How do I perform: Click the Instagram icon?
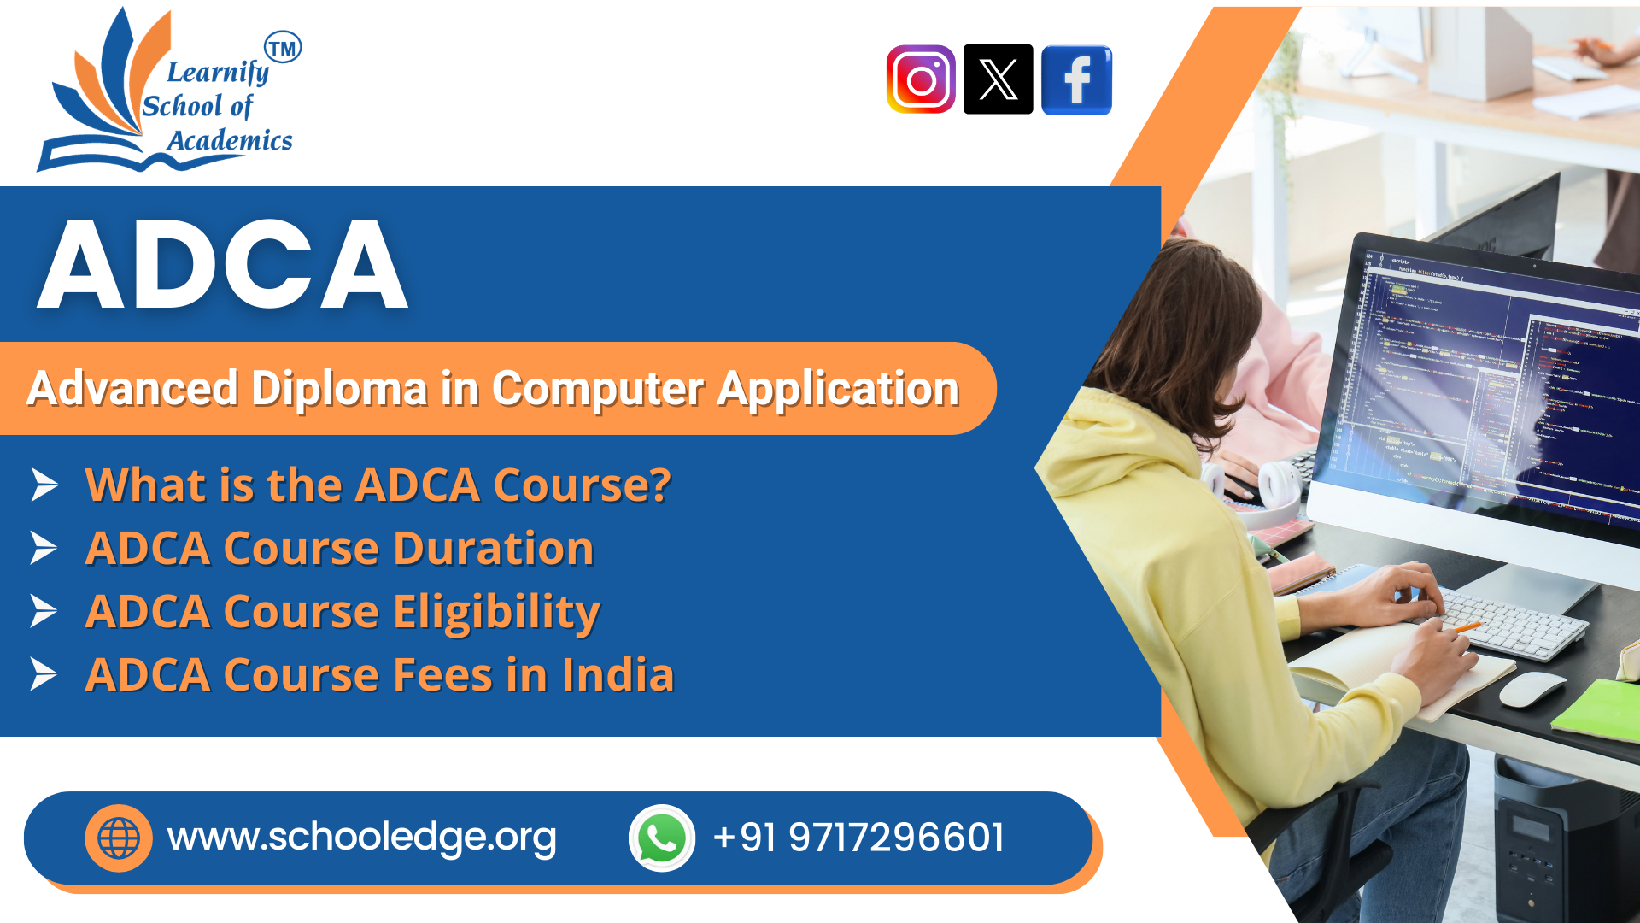920,79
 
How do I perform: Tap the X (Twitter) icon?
998,79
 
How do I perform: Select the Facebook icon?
1076,79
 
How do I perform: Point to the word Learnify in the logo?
218,73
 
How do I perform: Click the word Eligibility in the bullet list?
496,612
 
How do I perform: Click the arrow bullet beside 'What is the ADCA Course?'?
44,485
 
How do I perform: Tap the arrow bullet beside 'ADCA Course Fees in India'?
44,674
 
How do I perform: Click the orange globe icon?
119,838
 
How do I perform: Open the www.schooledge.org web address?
361,838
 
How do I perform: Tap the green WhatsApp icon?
662,838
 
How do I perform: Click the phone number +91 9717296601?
858,838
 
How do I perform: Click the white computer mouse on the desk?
1532,689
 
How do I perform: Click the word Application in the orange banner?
838,389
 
